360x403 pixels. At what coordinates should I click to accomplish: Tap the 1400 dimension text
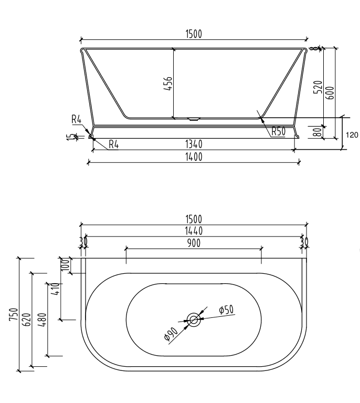[x=194, y=157]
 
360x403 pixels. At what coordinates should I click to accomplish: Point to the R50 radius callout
[x=278, y=131]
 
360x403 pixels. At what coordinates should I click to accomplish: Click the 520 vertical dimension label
[x=316, y=87]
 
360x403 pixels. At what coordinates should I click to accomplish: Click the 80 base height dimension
[x=316, y=132]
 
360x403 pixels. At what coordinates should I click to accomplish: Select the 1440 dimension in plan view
[x=194, y=231]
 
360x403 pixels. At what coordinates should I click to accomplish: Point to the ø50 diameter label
[x=226, y=311]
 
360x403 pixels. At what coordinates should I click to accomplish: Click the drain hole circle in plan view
[x=194, y=319]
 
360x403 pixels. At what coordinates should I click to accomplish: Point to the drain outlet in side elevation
[x=194, y=119]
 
